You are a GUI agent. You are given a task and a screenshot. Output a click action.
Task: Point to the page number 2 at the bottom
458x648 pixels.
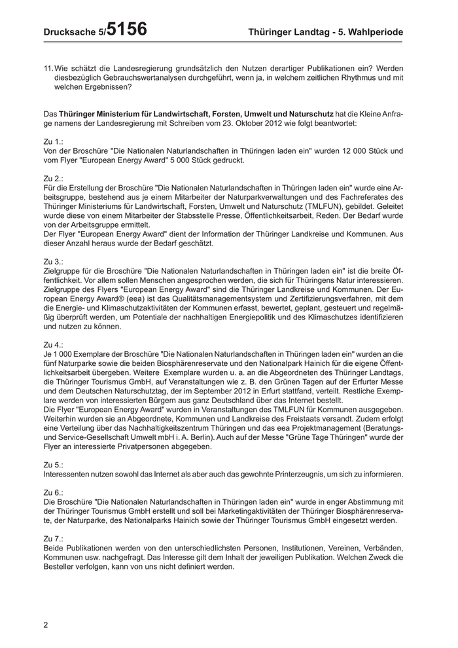tap(46, 625)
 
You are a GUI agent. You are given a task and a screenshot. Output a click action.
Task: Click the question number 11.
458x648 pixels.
tap(48, 68)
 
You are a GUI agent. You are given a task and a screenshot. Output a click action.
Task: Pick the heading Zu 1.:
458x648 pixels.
tap(53, 141)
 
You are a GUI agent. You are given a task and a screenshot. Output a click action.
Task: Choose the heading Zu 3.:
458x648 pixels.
tap(53, 260)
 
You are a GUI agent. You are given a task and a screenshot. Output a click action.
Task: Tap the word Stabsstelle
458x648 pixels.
tap(200, 214)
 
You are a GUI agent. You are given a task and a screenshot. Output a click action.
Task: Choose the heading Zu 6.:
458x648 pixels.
tap(53, 492)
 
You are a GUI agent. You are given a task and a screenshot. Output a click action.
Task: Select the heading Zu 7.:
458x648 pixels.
tap(53, 537)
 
